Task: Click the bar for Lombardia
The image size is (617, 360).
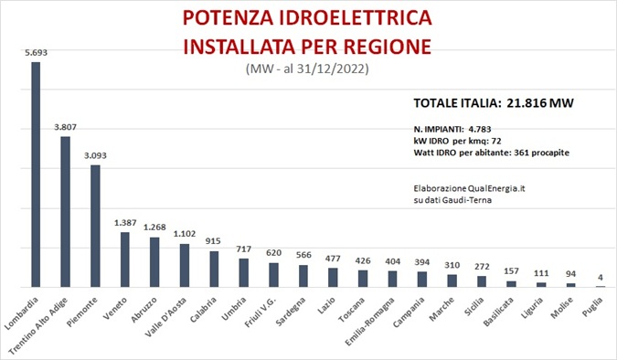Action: point(37,175)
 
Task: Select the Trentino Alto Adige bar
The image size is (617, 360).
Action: point(65,212)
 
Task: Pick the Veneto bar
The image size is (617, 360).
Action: point(124,259)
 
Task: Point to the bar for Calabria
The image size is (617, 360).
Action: point(214,269)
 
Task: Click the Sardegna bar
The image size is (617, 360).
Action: point(303,276)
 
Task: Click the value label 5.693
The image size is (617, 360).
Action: point(37,53)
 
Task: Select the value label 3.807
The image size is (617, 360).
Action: point(65,127)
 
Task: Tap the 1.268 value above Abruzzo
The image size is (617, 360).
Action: point(154,228)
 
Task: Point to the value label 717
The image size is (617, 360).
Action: point(243,249)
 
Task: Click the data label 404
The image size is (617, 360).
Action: point(391,261)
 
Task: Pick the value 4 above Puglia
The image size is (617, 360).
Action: point(600,278)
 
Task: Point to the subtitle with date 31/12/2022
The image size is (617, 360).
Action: point(307,69)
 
